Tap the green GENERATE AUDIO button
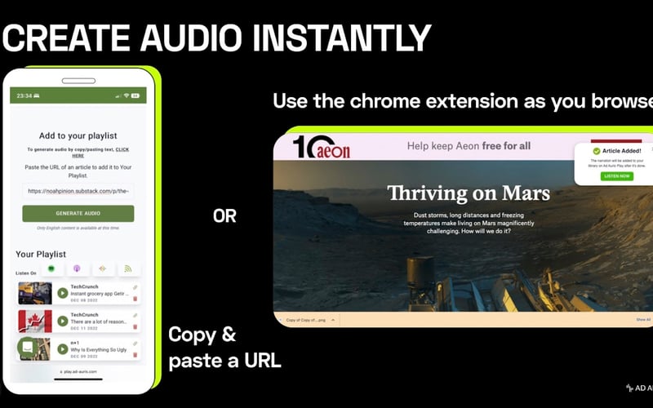(x=78, y=213)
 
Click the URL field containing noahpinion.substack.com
(x=78, y=191)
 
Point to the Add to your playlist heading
(x=78, y=135)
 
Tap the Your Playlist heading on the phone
(x=41, y=254)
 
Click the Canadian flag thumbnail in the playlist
(x=35, y=321)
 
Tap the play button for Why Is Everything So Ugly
(x=63, y=348)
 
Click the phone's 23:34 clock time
(x=24, y=95)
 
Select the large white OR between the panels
(x=225, y=216)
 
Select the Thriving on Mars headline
(x=469, y=193)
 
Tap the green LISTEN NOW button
(x=616, y=175)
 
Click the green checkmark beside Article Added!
(x=597, y=151)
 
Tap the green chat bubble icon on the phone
(x=27, y=347)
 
